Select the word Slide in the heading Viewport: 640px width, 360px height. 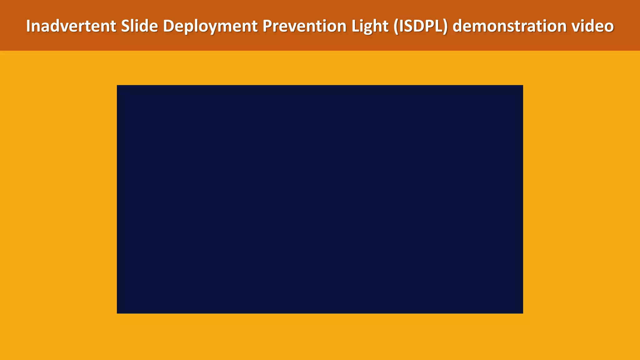tap(139, 26)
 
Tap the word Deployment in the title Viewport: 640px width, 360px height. tap(210, 26)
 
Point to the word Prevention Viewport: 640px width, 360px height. tap(304, 26)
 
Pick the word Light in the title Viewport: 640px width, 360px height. tap(369, 26)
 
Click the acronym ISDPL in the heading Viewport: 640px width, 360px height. tap(420, 26)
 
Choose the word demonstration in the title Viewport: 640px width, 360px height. tap(510, 26)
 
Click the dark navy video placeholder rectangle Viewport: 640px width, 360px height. tap(320, 199)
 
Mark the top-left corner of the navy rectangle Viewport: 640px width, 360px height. tap(117, 86)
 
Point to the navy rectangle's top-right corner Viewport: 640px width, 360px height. tap(522, 86)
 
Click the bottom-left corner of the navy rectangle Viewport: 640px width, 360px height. tap(117, 313)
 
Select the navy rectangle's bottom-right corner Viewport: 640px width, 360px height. tap(522, 313)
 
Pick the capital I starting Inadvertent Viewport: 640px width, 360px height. tap(28, 26)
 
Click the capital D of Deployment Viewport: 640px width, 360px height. tap(168, 26)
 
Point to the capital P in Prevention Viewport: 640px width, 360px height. tap(267, 26)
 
